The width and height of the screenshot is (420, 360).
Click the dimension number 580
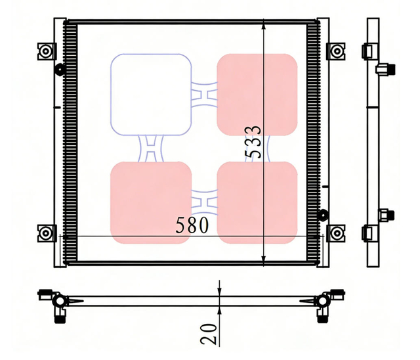tap(192, 225)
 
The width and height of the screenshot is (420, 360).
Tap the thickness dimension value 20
tap(209, 333)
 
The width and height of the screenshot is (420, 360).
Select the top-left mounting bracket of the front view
tap(46, 51)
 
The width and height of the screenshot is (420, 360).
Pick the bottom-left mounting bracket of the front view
tap(46, 232)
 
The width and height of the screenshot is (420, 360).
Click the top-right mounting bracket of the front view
tap(336, 51)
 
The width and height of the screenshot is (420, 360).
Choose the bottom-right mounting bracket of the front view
tap(336, 232)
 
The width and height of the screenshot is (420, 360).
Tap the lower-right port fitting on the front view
tap(322, 214)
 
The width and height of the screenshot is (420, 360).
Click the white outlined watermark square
tap(151, 95)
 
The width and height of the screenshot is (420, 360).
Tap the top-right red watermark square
tap(257, 95)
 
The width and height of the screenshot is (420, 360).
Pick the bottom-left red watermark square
tap(151, 202)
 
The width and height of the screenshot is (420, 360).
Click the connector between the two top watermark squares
tap(204, 95)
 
